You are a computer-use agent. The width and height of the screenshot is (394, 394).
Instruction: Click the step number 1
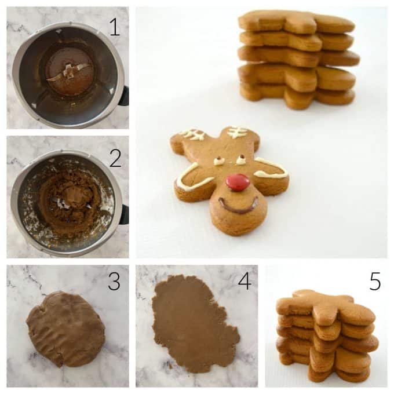pyautogui.click(x=115, y=27)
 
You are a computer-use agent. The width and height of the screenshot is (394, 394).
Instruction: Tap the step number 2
pyautogui.click(x=115, y=157)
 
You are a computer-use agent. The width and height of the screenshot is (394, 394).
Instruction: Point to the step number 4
pyautogui.click(x=245, y=282)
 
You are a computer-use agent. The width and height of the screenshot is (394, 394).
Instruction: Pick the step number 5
pyautogui.click(x=375, y=282)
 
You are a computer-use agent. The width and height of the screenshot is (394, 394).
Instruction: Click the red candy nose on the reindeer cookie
pyautogui.click(x=238, y=182)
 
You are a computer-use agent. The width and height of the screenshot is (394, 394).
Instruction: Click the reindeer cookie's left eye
pyautogui.click(x=220, y=161)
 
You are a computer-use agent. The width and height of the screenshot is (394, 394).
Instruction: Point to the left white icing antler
pyautogui.click(x=192, y=134)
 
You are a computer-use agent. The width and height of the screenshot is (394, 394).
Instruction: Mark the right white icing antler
pyautogui.click(x=237, y=132)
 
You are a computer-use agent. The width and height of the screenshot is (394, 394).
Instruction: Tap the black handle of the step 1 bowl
pyautogui.click(x=123, y=95)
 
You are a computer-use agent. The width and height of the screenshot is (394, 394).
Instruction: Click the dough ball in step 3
pyautogui.click(x=65, y=329)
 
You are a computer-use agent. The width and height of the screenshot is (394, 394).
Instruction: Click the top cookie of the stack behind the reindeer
pyautogui.click(x=295, y=22)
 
